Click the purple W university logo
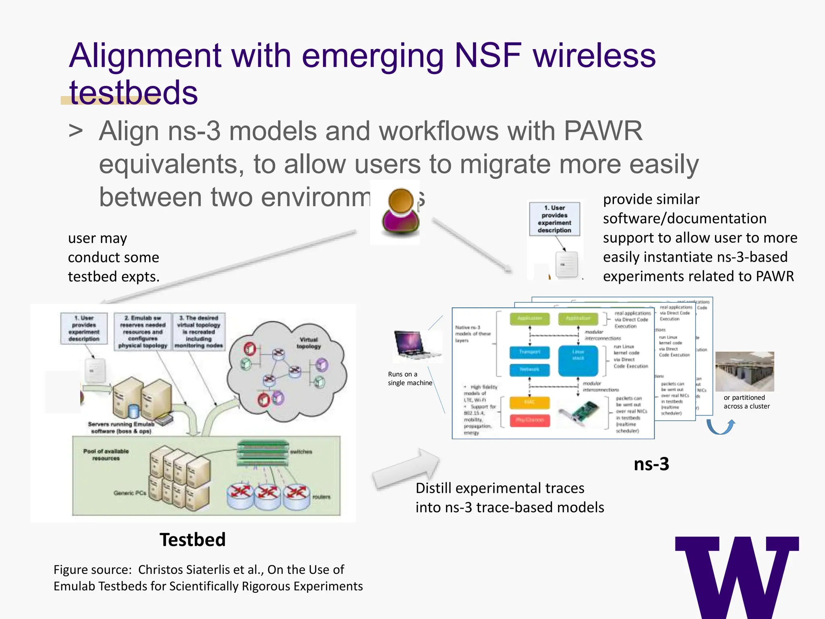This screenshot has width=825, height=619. click(x=736, y=576)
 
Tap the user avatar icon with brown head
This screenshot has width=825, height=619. click(x=400, y=212)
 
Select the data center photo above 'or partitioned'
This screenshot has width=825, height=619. click(x=744, y=371)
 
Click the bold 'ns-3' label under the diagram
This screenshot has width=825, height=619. click(x=651, y=464)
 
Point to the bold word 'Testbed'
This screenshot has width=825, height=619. click(x=193, y=540)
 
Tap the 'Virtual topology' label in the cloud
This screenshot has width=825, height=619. click(x=309, y=343)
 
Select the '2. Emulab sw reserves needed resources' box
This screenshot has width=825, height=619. click(x=143, y=331)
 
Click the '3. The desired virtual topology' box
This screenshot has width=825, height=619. click(x=199, y=331)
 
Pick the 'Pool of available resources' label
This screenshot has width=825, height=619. click(x=106, y=455)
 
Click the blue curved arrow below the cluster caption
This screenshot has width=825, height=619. click(x=721, y=426)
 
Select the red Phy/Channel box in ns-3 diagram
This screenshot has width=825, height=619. click(x=529, y=420)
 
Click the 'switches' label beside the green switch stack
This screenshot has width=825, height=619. click(x=301, y=452)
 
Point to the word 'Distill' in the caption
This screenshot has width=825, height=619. click(x=433, y=488)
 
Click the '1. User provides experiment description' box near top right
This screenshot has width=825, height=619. click(x=554, y=219)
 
